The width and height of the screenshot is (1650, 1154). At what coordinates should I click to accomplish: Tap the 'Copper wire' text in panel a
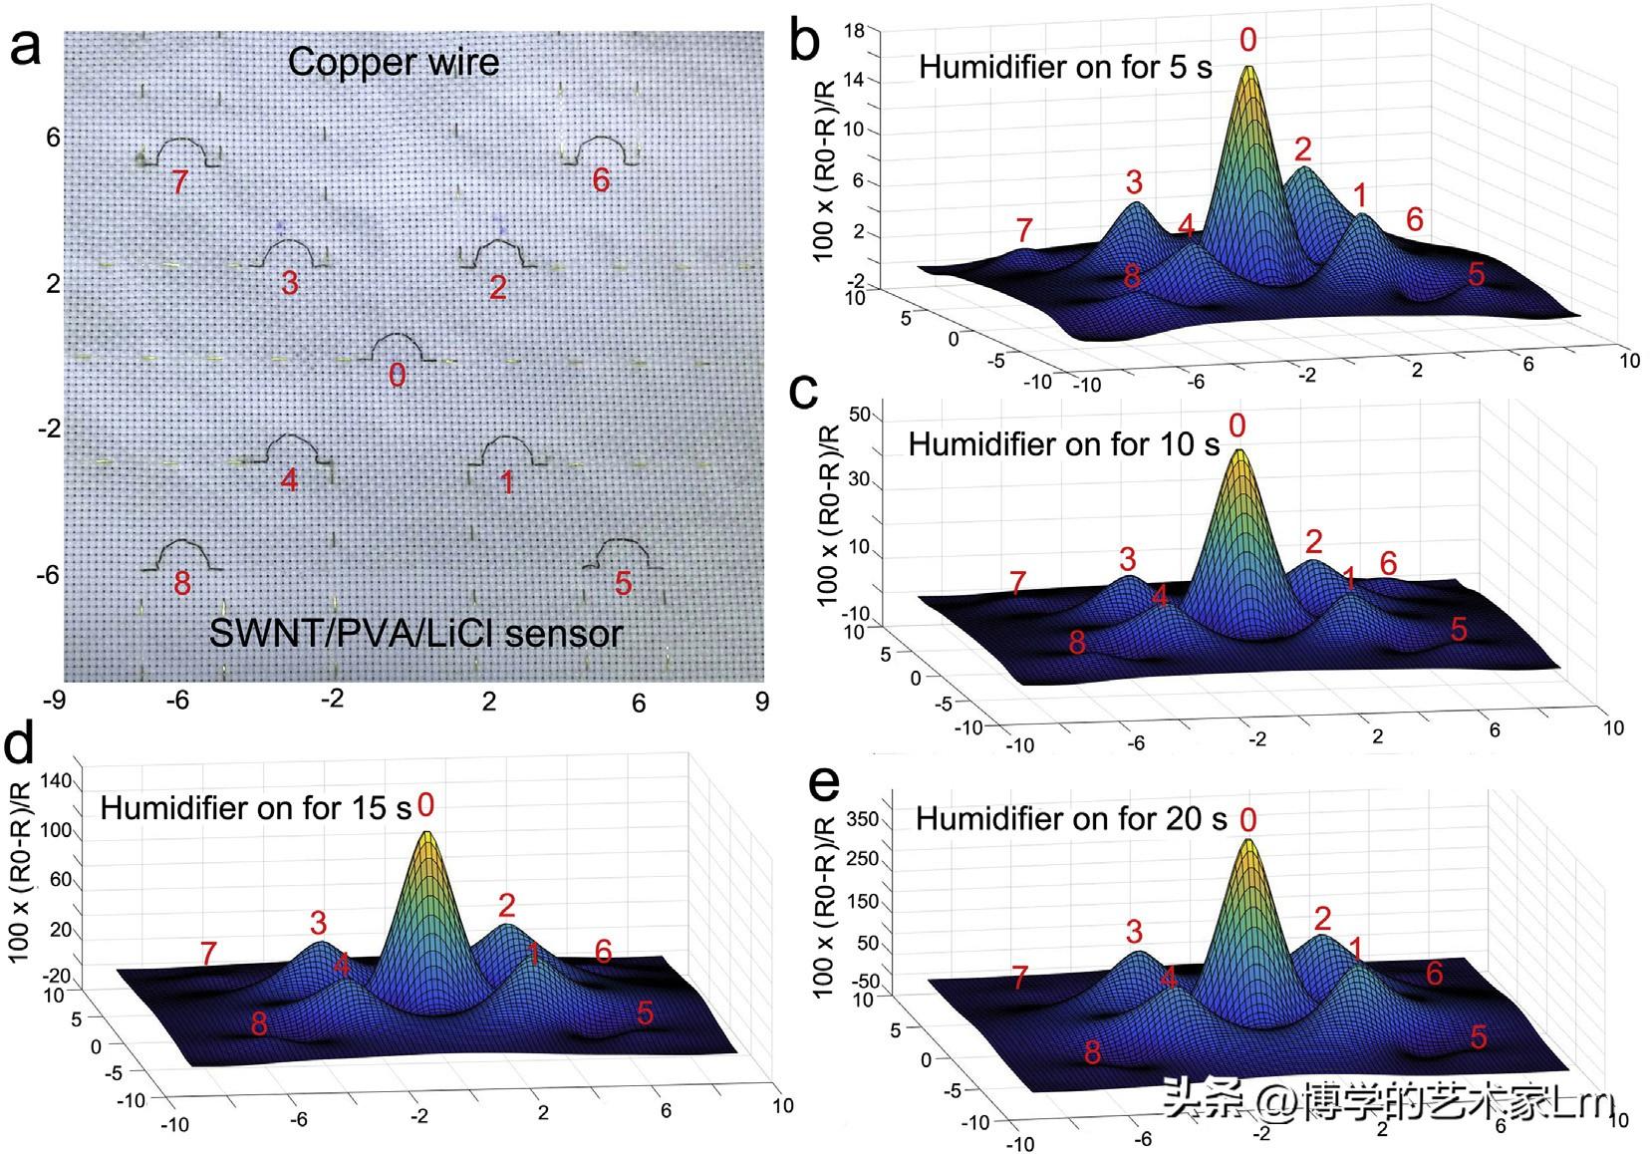pos(394,62)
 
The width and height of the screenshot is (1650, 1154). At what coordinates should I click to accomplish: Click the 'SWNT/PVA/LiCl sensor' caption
pos(416,633)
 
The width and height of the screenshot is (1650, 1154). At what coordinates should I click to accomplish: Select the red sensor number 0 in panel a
pos(397,375)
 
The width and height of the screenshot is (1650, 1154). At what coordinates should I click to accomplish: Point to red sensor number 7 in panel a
pos(179,182)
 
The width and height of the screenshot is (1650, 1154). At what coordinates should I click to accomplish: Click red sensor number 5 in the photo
pos(623,583)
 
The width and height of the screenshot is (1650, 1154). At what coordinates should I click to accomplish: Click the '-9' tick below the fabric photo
pos(53,701)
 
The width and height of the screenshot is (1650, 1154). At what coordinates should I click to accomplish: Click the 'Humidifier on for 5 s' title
pos(1064,68)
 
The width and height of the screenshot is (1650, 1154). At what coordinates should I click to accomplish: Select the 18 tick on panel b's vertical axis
pos(854,32)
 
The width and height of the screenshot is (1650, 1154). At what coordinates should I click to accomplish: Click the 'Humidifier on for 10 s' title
pos(1063,444)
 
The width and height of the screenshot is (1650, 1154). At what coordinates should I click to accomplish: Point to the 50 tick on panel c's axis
pos(859,415)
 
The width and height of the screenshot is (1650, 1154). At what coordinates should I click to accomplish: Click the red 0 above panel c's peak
pos(1237,427)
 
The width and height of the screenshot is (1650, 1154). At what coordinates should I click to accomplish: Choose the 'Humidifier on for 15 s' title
pos(255,807)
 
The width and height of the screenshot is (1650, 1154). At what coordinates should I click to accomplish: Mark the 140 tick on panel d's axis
pos(57,781)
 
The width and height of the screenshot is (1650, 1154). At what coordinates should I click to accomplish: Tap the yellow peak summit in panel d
pos(426,834)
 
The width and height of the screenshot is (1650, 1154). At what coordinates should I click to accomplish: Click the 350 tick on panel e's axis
pos(863,820)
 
